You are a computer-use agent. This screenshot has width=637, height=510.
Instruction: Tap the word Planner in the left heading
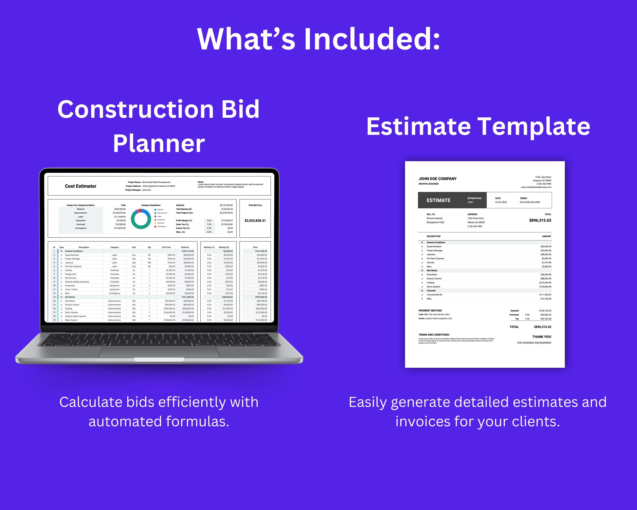pos(159,143)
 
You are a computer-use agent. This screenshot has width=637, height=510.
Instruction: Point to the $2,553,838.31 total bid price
pos(255,220)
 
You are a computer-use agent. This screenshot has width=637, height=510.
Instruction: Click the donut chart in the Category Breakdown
pos(141,219)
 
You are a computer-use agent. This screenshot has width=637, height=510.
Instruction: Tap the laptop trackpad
pos(159,352)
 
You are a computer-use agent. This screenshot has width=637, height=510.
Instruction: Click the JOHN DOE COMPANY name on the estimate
pos(437,179)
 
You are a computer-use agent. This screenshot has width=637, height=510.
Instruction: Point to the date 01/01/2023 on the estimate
pos(501,202)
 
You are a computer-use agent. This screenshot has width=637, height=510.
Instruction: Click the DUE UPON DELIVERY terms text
pos(530,202)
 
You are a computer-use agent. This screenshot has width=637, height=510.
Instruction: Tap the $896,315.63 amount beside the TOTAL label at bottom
pos(543,327)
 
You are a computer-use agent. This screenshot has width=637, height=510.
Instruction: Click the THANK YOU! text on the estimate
pos(542,337)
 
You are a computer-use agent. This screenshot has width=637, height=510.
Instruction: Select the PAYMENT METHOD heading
pos(430,311)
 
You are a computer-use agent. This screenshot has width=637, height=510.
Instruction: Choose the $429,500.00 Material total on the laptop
pos(120,209)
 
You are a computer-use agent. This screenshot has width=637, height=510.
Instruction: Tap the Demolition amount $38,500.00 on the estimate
pos(546,275)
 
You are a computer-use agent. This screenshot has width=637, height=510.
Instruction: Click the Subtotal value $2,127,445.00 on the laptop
pos(226,205)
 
